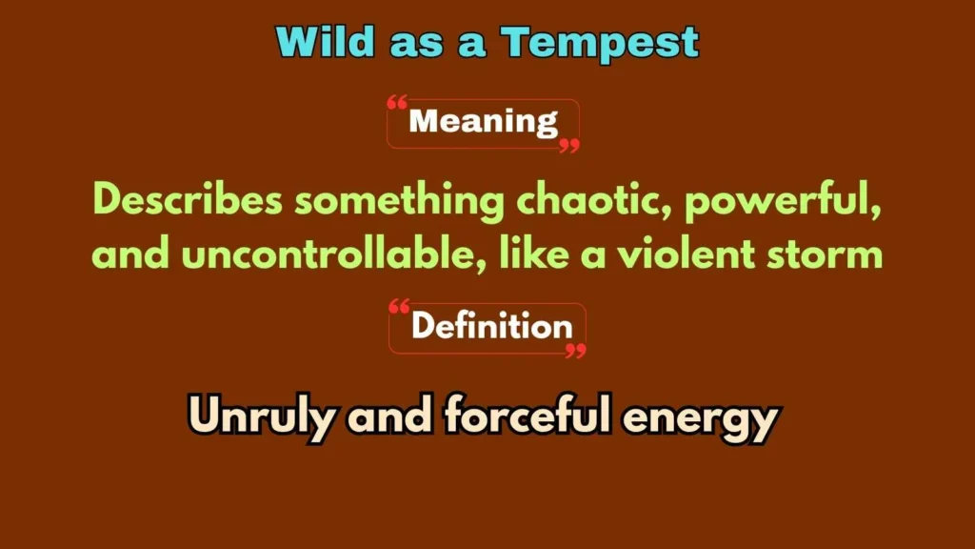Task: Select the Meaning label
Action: [483, 122]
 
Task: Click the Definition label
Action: [491, 327]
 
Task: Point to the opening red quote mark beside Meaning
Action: [398, 103]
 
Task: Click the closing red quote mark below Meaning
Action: [568, 146]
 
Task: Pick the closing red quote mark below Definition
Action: [575, 352]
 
